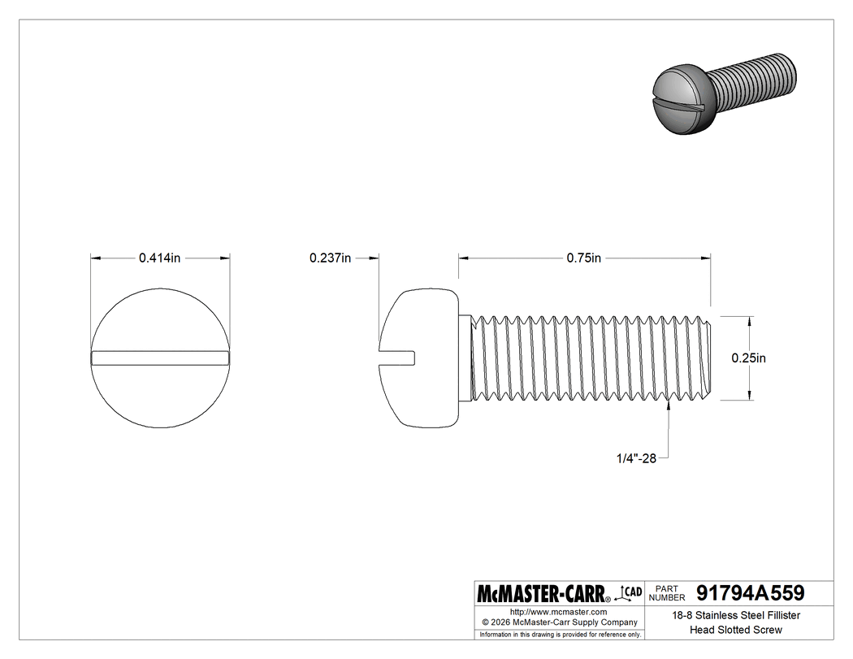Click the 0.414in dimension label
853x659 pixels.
click(x=159, y=258)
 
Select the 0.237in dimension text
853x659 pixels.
click(x=330, y=258)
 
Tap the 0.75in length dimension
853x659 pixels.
click(x=583, y=258)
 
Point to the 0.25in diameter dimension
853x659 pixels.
click(x=749, y=358)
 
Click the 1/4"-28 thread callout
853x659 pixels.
click(x=635, y=459)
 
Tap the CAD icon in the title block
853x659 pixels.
click(x=630, y=592)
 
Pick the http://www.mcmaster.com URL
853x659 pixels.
click(x=559, y=611)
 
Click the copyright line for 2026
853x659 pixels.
click(x=559, y=622)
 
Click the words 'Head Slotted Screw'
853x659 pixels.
click(x=736, y=630)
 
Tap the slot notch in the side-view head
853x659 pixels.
click(x=398, y=356)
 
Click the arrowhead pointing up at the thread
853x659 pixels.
click(x=668, y=406)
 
